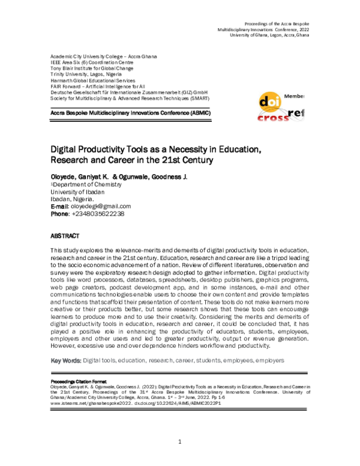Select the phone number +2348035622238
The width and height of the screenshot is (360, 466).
pyautogui.click(x=107, y=214)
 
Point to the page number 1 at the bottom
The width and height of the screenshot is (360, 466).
pyautogui.click(x=179, y=443)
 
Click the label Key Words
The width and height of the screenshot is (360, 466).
pyautogui.click(x=66, y=360)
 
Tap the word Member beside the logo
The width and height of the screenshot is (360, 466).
pyautogui.click(x=294, y=96)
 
